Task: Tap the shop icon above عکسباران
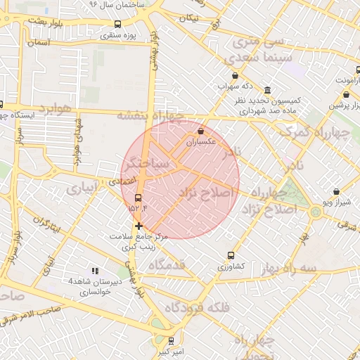point(202,131)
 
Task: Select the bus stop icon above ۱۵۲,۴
point(137,197)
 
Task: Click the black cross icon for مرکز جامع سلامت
point(139,226)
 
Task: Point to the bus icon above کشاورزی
point(231,256)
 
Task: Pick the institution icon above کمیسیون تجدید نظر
point(267,91)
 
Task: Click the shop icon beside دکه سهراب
point(235,76)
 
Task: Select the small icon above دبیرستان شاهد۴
point(95,271)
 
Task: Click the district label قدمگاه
point(167,264)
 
